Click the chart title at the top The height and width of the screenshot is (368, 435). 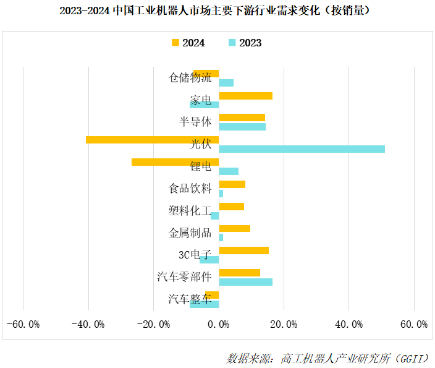[x=217, y=11]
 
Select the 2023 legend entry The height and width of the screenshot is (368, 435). [x=245, y=43]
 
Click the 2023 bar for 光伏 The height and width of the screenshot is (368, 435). [x=302, y=149]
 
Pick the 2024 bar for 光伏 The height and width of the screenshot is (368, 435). [x=152, y=140]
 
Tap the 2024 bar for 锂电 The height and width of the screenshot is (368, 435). [x=175, y=162]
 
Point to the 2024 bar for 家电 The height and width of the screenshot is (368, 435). [x=245, y=96]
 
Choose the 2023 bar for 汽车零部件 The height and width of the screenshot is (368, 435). [x=245, y=282]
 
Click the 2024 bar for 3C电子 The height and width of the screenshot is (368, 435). [x=243, y=250]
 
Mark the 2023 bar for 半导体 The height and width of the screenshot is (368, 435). [x=242, y=127]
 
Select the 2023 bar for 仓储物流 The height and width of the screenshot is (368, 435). [x=226, y=83]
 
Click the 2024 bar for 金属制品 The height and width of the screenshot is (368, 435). [x=234, y=228]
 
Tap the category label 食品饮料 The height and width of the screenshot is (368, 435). [x=190, y=188]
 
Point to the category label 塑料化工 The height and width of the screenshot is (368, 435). [x=190, y=210]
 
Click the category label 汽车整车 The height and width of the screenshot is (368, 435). [x=190, y=299]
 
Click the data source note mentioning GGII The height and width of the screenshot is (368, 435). [x=327, y=358]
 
